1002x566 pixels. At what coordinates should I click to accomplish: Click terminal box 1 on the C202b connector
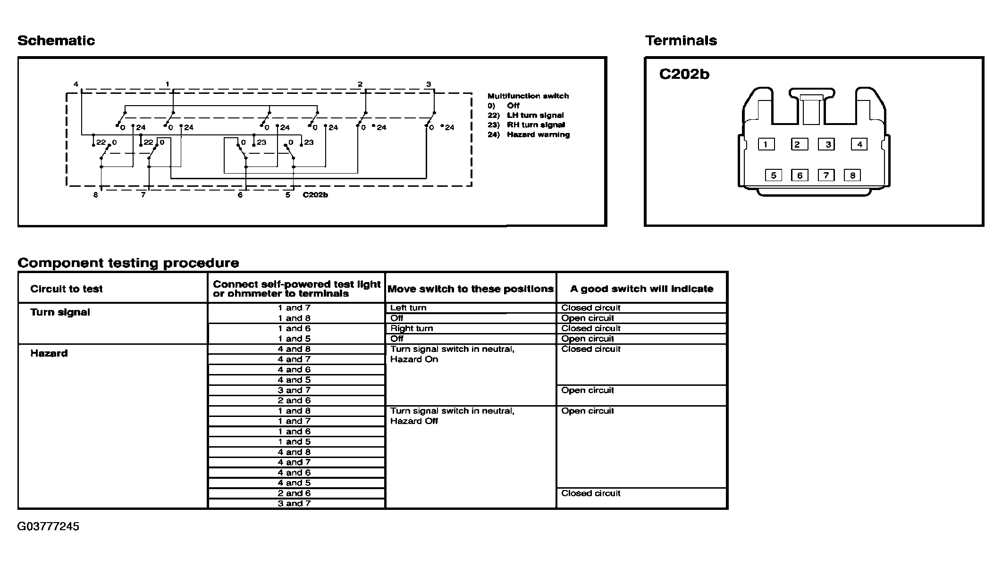click(x=766, y=144)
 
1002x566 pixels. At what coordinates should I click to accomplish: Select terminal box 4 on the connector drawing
click(x=859, y=144)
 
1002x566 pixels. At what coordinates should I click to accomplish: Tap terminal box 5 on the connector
click(x=773, y=175)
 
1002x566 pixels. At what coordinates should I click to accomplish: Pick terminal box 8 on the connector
click(x=852, y=175)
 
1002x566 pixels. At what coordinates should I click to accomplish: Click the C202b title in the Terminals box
click(x=684, y=75)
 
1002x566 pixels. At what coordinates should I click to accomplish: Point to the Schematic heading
click(x=56, y=41)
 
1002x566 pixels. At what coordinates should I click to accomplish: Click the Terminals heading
click(x=681, y=41)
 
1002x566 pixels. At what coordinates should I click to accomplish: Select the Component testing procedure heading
click(x=128, y=263)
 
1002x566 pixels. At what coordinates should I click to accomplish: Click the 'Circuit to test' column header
click(x=67, y=289)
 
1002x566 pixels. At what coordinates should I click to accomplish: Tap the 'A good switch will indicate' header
click(x=641, y=289)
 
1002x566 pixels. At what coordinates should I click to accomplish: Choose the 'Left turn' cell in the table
click(x=408, y=308)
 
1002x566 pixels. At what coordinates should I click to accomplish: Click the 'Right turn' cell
click(x=412, y=328)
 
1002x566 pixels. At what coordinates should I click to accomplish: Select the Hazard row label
click(x=49, y=353)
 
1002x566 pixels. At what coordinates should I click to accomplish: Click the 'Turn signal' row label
click(x=60, y=312)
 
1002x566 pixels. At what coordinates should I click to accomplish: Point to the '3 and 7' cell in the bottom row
click(x=294, y=503)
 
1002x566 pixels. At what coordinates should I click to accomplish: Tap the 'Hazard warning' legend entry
click(x=538, y=134)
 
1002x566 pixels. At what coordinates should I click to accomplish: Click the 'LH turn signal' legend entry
click(x=535, y=115)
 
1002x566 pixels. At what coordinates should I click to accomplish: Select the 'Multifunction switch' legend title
click(x=528, y=96)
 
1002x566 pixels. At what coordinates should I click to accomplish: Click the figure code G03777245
click(x=48, y=526)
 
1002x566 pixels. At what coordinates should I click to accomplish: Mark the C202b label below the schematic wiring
click(x=315, y=195)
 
